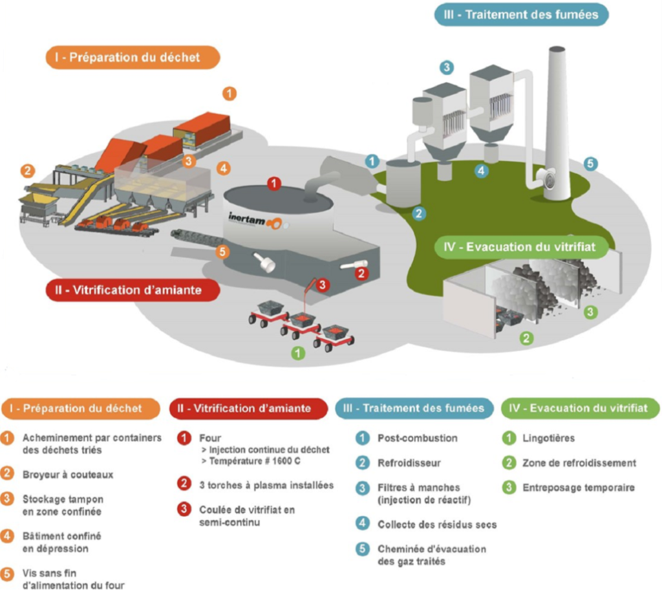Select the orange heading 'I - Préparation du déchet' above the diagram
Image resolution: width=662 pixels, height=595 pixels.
pos(133,57)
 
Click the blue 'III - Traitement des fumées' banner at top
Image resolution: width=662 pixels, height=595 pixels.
pos(521,14)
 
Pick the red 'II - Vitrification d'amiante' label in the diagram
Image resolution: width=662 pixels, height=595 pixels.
pos(133,290)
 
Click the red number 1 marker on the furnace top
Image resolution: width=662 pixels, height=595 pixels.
pos(274,184)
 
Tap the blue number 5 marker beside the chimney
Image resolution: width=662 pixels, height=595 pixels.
pos(590,164)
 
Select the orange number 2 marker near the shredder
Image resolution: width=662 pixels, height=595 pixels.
pos(27,171)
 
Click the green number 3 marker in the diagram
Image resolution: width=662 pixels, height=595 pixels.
pos(590,312)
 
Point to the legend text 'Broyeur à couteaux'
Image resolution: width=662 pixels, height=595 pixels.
pos(68,474)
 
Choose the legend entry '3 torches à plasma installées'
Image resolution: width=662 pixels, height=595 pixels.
pos(266,485)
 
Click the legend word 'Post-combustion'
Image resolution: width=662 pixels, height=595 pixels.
pos(417,438)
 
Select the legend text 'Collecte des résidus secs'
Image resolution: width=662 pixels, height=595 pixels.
pos(437,524)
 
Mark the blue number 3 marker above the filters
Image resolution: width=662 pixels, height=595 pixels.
pos(446,67)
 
